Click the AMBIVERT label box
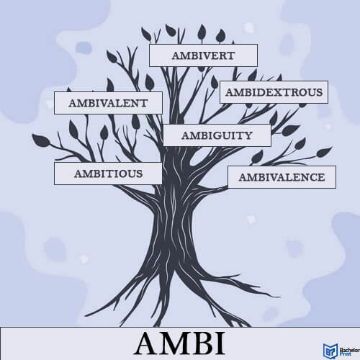pyautogui.click(x=203, y=55)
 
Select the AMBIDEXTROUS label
pyautogui.click(x=274, y=92)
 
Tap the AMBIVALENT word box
pyautogui.click(x=108, y=103)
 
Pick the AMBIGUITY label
pyautogui.click(x=217, y=135)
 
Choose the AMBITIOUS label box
pyautogui.click(x=108, y=174)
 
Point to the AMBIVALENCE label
pyautogui.click(x=282, y=177)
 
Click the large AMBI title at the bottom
pyautogui.click(x=180, y=343)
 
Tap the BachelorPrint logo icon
pyautogui.click(x=330, y=351)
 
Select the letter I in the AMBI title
pyautogui.click(x=220, y=343)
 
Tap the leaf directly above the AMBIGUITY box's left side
pyautogui.click(x=135, y=122)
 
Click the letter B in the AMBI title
pyautogui.click(x=201, y=343)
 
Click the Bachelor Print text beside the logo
pyautogui.click(x=349, y=351)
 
